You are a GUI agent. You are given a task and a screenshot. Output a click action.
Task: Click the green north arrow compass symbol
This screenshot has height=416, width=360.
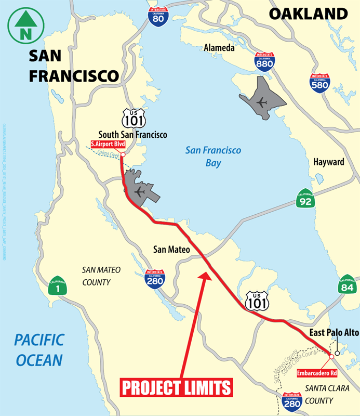pyautogui.click(x=24, y=24)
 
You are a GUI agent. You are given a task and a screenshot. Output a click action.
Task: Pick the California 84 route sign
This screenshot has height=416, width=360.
pyautogui.click(x=348, y=283)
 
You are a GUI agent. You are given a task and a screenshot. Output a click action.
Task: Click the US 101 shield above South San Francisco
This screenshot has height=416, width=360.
pyautogui.click(x=131, y=118)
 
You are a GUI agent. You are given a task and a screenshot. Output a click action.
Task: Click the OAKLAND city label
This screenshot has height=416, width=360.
pyautogui.click(x=308, y=14)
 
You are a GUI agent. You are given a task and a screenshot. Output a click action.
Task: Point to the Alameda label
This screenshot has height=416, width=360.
pyautogui.click(x=219, y=48)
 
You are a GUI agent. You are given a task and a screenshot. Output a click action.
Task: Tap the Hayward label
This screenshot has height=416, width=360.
pyautogui.click(x=328, y=162)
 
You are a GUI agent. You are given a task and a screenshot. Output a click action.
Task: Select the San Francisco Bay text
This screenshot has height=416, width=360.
pyautogui.click(x=214, y=157)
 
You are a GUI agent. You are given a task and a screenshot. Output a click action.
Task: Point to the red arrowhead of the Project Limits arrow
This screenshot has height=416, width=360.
pyautogui.click(x=206, y=274)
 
